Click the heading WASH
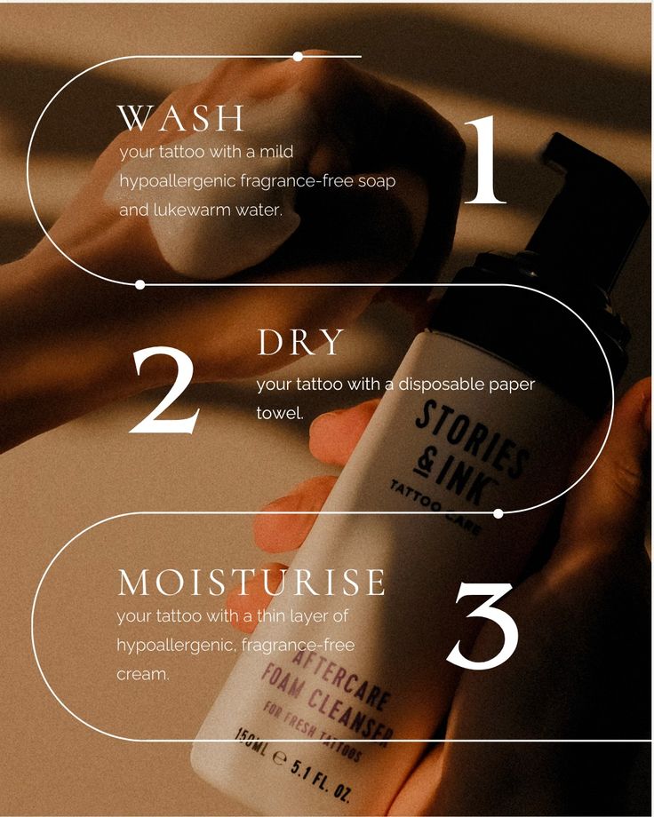181,118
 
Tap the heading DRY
300,344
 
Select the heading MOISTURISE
251,583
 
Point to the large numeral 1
484,161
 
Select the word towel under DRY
280,413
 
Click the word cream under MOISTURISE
142,674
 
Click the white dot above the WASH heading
298,56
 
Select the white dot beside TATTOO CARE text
498,513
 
